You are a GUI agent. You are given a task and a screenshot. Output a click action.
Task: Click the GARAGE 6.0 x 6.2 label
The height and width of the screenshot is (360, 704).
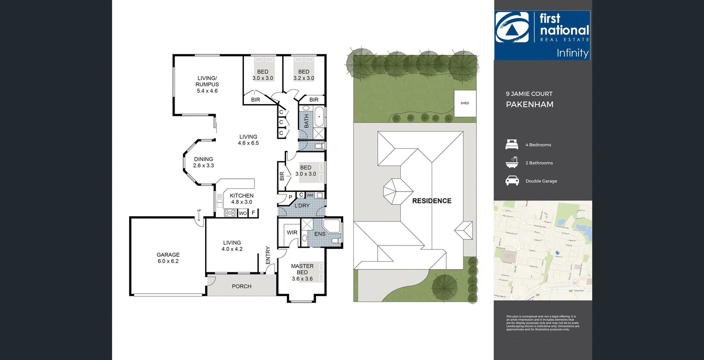[x=168, y=258]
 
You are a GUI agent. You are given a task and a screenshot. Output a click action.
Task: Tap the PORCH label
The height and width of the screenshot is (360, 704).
[x=242, y=286]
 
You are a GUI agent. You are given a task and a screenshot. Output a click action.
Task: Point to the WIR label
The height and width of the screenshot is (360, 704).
[x=292, y=232]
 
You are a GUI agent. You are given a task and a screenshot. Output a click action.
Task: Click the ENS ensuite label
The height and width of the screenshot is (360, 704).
[x=320, y=233]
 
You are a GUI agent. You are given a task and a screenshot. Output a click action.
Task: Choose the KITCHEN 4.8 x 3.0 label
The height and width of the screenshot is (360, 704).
[x=242, y=199]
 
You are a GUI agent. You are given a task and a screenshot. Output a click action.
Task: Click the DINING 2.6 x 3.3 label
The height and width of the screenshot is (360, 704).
[x=204, y=162]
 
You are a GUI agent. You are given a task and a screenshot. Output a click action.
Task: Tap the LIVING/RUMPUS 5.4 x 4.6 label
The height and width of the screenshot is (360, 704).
[x=207, y=84]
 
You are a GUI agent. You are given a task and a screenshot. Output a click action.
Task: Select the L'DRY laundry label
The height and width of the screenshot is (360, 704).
[x=302, y=206]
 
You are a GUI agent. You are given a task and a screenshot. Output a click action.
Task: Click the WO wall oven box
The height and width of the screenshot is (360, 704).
[x=243, y=213]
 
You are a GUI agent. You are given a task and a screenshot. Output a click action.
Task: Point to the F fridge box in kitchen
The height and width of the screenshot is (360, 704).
[x=253, y=213]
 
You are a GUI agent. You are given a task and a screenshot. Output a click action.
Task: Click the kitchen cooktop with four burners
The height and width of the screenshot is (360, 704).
[x=230, y=213]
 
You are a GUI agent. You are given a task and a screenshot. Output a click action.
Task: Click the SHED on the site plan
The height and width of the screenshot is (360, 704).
[x=465, y=103]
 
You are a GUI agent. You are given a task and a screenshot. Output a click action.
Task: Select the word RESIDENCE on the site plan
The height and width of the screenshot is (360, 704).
[x=431, y=201]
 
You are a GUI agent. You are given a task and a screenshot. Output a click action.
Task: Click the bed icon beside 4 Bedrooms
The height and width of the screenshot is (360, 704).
[x=512, y=145]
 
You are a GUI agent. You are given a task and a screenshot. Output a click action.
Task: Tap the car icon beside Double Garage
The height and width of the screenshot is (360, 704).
[x=512, y=181]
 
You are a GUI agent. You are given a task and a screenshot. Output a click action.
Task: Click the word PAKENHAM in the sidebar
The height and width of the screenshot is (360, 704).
[x=529, y=104]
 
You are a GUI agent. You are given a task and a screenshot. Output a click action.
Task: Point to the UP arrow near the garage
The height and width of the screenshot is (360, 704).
[x=199, y=216]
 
